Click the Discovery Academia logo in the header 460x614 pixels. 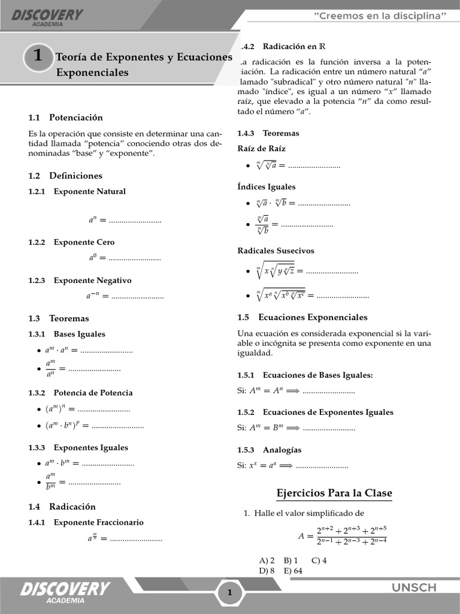tap(47, 16)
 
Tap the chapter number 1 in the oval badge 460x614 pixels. tap(38, 56)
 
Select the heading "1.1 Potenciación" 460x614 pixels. tap(65, 118)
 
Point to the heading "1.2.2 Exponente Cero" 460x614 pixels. tap(71, 242)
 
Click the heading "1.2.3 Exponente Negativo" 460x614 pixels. tap(80, 281)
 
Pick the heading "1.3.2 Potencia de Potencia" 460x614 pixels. tap(80, 393)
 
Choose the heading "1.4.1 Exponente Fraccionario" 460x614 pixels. tap(86, 522)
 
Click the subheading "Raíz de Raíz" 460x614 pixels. tap(262, 149)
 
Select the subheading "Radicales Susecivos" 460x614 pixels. tap(276, 251)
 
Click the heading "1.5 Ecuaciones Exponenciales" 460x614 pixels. tap(302, 317)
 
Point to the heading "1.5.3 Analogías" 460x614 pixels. tap(270, 450)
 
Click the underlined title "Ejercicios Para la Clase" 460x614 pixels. tap(334, 493)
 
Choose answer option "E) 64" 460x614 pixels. tap(293, 571)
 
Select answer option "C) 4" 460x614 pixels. tap(319, 561)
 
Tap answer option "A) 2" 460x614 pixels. tap(267, 561)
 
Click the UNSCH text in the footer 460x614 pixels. tap(414, 588)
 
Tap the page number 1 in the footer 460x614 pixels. tap(229, 593)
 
